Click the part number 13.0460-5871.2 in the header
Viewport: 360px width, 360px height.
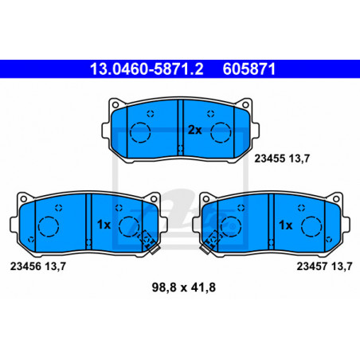click(x=147, y=69)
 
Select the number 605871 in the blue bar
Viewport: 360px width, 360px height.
click(x=249, y=69)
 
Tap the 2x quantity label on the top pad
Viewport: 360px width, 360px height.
click(x=195, y=130)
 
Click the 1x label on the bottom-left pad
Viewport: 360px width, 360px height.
click(x=104, y=225)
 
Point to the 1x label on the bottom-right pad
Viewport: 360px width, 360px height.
click(x=286, y=225)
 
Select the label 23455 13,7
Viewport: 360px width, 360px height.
click(x=282, y=158)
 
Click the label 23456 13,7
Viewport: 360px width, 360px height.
click(x=38, y=266)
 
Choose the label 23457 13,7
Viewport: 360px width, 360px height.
click(x=324, y=266)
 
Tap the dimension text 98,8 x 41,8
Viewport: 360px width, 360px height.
click(x=184, y=288)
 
